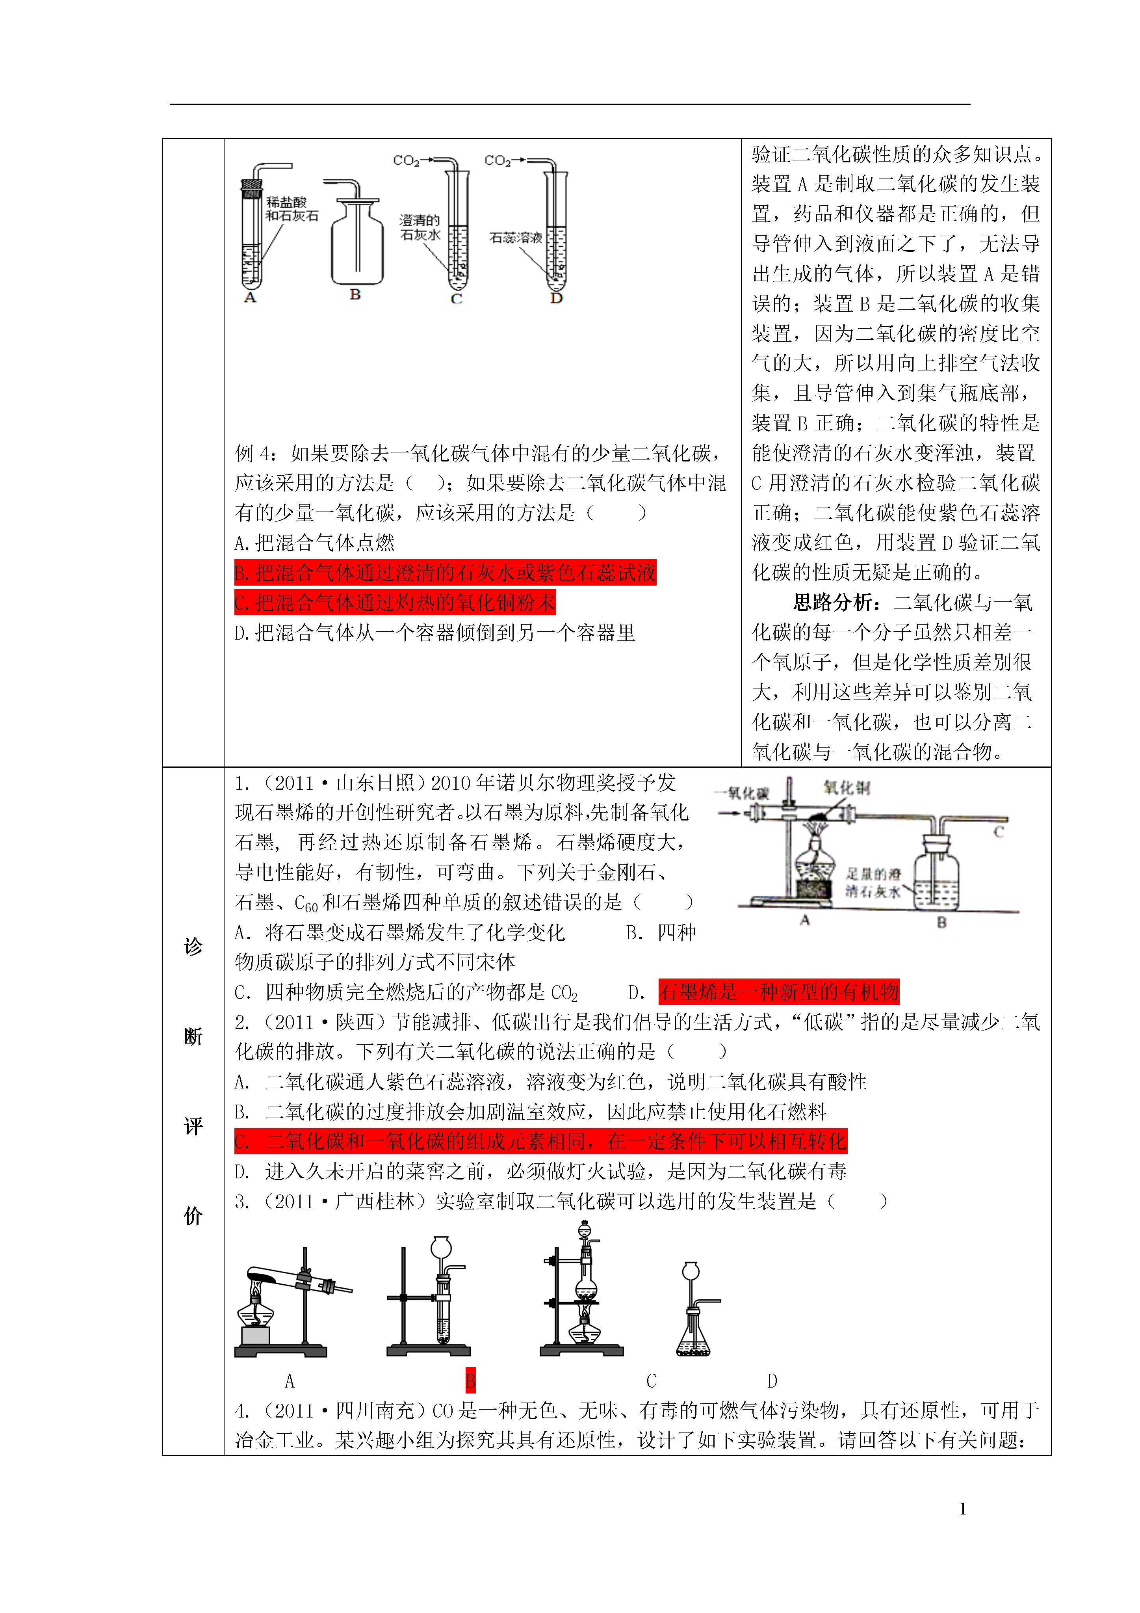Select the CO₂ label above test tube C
coord(406,161)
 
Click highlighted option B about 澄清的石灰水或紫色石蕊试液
coord(445,573)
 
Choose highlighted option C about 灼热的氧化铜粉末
coord(395,603)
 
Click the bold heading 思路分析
coord(833,603)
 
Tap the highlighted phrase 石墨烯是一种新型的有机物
coord(778,992)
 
